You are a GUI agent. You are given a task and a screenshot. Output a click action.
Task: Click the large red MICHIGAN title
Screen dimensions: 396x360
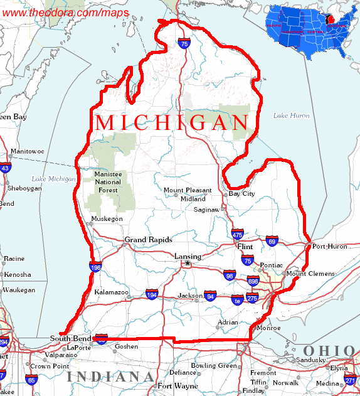pyautogui.click(x=172, y=123)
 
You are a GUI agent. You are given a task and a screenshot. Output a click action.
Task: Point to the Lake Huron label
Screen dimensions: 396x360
pyautogui.click(x=291, y=115)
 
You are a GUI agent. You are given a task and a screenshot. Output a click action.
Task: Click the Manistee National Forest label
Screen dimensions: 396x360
pyautogui.click(x=108, y=181)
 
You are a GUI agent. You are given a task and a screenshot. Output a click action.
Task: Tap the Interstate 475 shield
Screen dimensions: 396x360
pyautogui.click(x=237, y=235)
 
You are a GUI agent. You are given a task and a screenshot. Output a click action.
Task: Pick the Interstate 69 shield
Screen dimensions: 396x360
pyautogui.click(x=272, y=240)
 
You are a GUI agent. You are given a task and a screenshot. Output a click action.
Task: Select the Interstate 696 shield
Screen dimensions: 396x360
pyautogui.click(x=253, y=282)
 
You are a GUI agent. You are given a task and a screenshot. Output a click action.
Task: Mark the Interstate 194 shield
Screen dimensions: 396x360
pyautogui.click(x=152, y=294)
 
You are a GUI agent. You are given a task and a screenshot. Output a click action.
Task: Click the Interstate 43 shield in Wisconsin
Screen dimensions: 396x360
pyautogui.click(x=5, y=168)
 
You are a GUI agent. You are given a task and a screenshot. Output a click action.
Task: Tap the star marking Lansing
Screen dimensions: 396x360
pyautogui.click(x=186, y=264)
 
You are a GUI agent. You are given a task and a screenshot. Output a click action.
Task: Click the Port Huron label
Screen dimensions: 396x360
pyautogui.click(x=329, y=247)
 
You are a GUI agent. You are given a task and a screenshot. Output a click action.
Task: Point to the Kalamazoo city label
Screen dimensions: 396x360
pyautogui.click(x=111, y=292)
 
